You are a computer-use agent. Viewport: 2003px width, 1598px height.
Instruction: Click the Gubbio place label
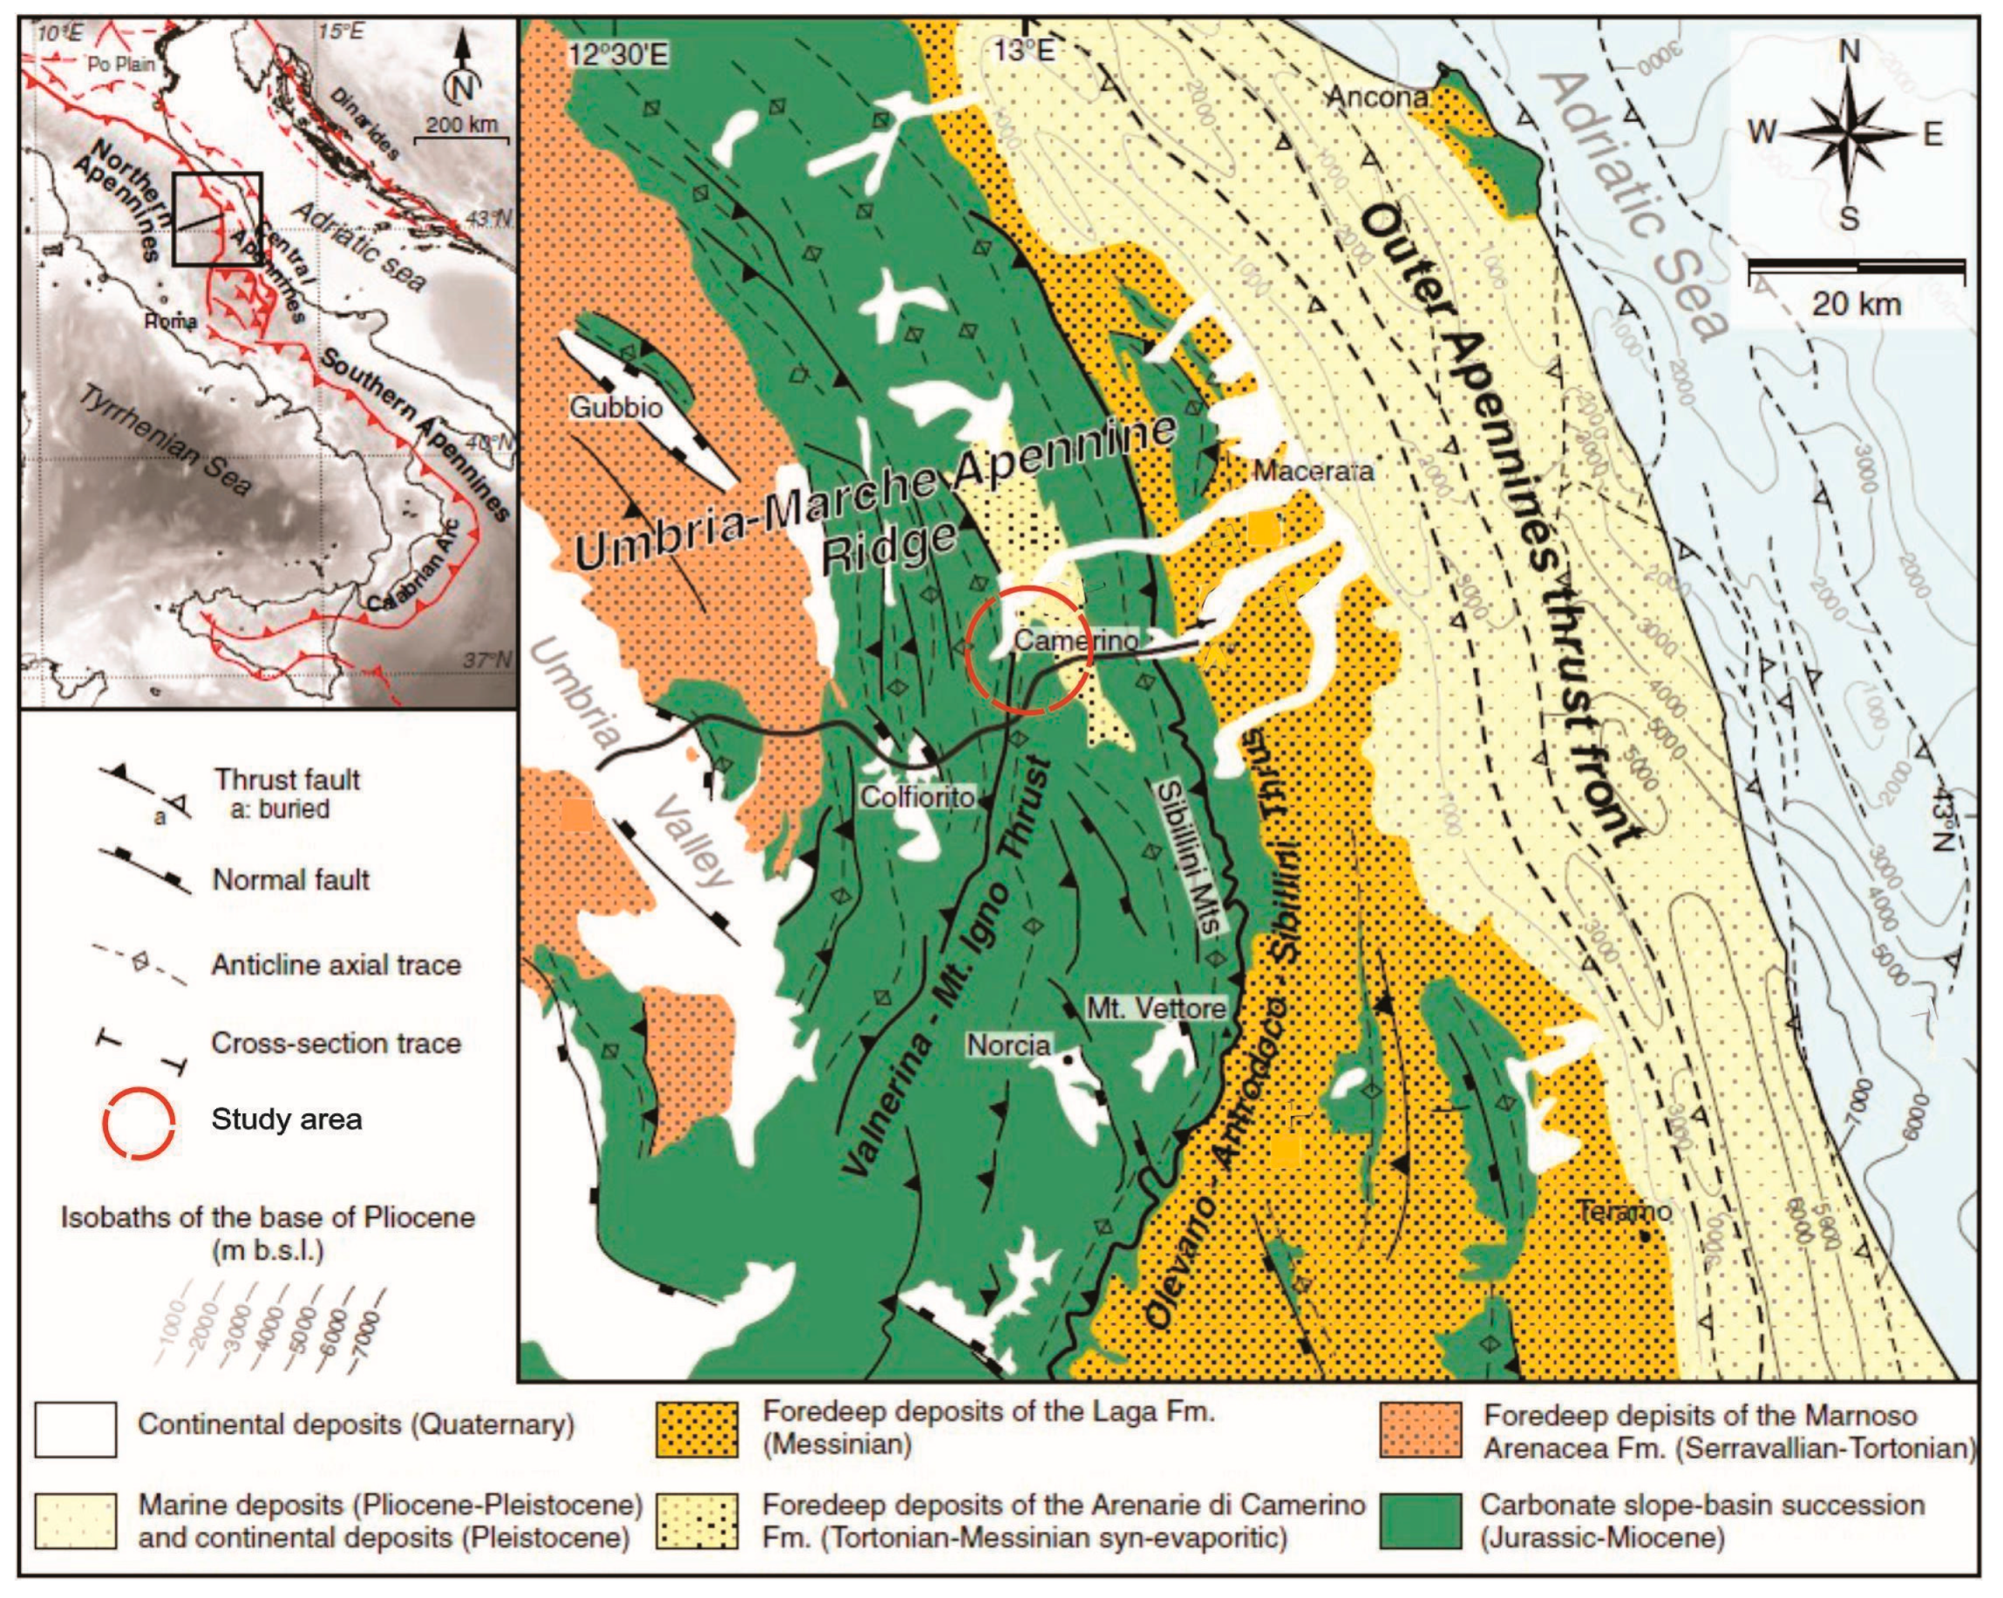[616, 407]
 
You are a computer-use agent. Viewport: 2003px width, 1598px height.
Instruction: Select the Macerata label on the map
[1313, 471]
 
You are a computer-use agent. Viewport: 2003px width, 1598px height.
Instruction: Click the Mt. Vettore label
[1156, 1008]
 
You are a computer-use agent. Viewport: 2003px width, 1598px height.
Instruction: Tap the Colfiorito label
[917, 797]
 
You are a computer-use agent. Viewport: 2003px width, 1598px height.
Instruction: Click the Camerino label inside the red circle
[1075, 640]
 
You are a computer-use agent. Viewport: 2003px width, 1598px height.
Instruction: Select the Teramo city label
[1624, 1211]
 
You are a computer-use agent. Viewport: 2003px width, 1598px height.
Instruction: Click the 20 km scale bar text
[1857, 303]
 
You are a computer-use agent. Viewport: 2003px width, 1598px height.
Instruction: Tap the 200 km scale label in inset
[462, 124]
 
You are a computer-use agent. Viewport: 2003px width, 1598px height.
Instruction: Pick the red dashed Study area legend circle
[139, 1119]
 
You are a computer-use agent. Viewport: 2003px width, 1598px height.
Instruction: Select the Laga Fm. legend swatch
[696, 1429]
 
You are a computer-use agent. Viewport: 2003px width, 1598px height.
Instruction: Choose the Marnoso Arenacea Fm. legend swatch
[1420, 1429]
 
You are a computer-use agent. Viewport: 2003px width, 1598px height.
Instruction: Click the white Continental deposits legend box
[76, 1429]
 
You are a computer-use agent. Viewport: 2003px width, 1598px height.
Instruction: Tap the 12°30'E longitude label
[619, 54]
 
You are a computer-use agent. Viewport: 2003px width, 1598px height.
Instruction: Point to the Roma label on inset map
[171, 322]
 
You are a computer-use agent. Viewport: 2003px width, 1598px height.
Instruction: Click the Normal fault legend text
[291, 879]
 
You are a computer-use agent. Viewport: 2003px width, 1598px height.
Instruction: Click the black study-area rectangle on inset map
[217, 221]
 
